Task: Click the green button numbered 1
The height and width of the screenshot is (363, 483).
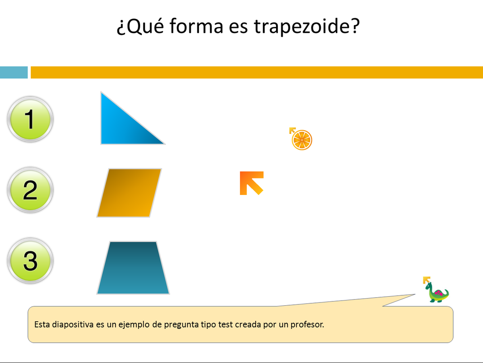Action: [x=30, y=119]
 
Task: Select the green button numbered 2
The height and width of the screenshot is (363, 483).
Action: [x=30, y=190]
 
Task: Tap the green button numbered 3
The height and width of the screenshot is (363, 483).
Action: [x=30, y=261]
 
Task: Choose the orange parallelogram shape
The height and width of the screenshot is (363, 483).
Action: [x=129, y=193]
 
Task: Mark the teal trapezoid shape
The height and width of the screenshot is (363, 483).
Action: [x=133, y=268]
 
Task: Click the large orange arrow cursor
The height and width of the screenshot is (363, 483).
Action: [x=251, y=183]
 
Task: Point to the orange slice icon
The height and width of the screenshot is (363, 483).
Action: [x=302, y=140]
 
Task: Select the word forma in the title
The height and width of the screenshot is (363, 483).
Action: [x=196, y=26]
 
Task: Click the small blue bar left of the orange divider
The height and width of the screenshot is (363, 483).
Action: [x=14, y=72]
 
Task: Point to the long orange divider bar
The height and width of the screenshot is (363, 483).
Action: [x=257, y=72]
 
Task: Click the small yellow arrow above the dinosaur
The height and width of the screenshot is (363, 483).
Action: [x=427, y=280]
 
